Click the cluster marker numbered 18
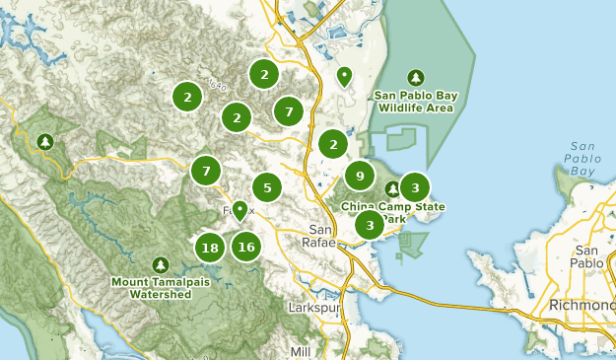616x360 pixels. (x=209, y=247)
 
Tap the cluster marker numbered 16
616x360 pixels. (x=246, y=247)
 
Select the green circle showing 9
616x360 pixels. (x=360, y=177)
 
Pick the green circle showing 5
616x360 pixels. (x=267, y=186)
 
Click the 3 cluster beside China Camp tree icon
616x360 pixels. (x=415, y=186)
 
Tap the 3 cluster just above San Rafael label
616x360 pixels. (x=369, y=225)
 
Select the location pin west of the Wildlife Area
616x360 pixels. (x=344, y=75)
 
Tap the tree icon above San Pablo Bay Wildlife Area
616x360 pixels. (x=415, y=77)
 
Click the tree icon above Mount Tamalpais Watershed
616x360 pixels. (x=161, y=264)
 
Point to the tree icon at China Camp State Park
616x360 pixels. (x=392, y=188)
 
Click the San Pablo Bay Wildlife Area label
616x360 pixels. (x=414, y=102)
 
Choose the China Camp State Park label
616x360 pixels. (x=393, y=213)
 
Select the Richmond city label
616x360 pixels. (x=585, y=303)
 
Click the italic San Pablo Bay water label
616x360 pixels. (x=582, y=159)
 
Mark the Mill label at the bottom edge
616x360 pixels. (x=302, y=351)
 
